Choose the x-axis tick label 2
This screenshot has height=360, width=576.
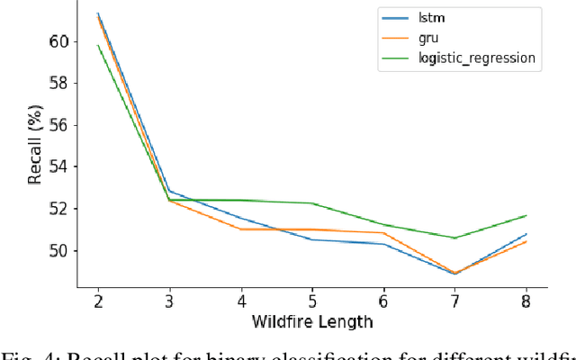pos(98,298)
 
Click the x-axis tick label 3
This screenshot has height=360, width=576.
pos(169,298)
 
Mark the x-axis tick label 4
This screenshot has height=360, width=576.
pos(240,298)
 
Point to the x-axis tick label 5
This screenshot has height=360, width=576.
pos(311,298)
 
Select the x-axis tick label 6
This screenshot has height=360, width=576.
pos(383,298)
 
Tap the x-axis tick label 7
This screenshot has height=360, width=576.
pos(454,298)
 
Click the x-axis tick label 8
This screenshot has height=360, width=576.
pos(526,298)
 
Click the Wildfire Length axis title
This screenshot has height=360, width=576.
pos(311,319)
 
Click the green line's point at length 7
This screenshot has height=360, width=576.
pos(454,238)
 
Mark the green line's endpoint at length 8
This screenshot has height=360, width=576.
pos(526,215)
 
